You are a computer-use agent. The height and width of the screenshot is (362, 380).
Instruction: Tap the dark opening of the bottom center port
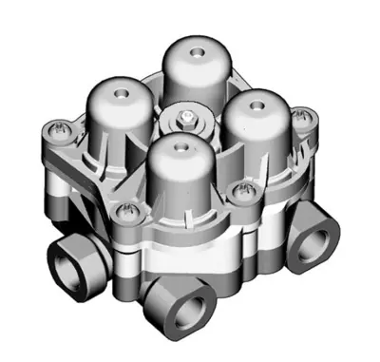189,309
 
